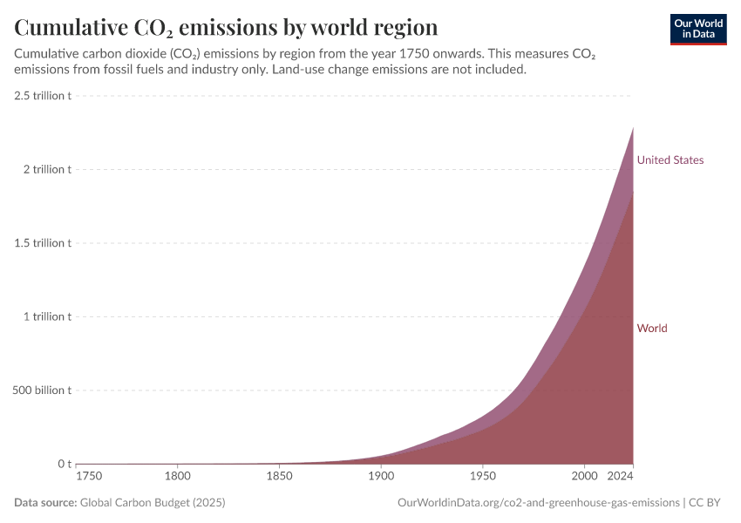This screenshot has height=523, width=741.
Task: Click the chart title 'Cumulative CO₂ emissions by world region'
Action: click(x=226, y=27)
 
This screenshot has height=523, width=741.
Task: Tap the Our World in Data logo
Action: click(x=698, y=29)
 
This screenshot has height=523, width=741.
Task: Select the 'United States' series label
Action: click(x=670, y=160)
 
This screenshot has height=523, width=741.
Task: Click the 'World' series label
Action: click(x=652, y=329)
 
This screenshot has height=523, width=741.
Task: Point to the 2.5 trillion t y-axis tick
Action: click(x=43, y=95)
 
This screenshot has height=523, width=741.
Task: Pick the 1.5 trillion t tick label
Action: click(x=43, y=243)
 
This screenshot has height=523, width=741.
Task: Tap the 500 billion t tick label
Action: click(x=42, y=391)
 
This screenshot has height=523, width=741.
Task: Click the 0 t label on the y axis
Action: click(x=64, y=464)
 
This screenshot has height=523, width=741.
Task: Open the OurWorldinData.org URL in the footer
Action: click(x=538, y=503)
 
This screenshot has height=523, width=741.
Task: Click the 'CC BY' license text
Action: click(x=709, y=503)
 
